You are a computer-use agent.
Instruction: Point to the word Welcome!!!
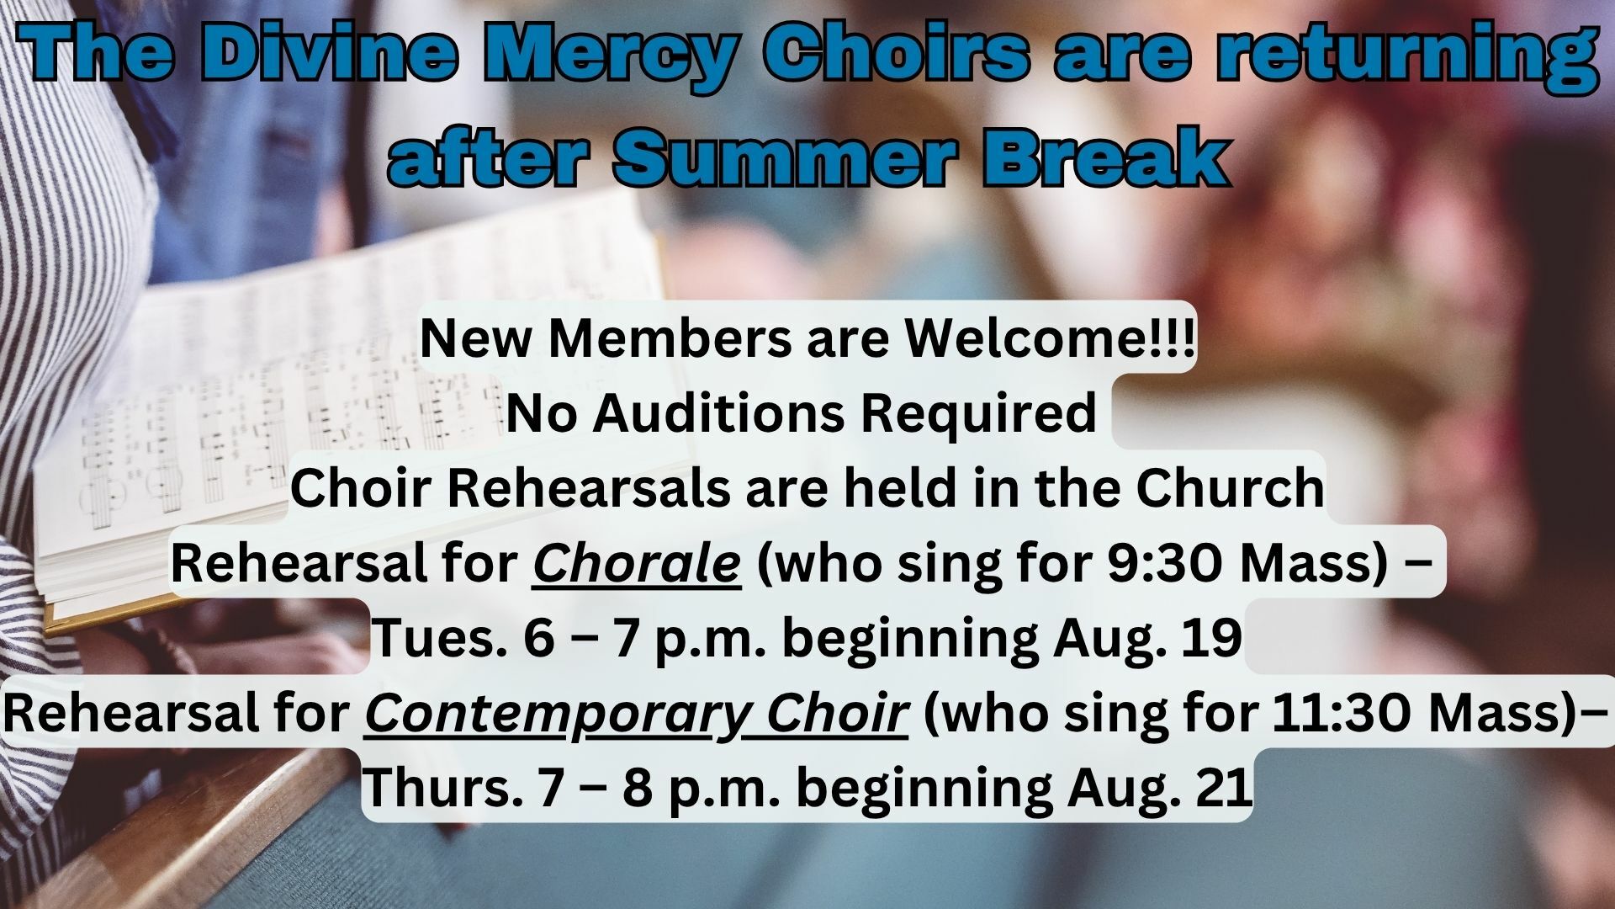pos(1049,338)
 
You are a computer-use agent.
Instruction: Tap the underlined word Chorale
pos(637,564)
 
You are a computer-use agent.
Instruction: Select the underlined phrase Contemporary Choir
pos(637,714)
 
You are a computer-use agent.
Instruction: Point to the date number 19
pos(1214,639)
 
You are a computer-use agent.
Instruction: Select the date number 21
pos(1223,788)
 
